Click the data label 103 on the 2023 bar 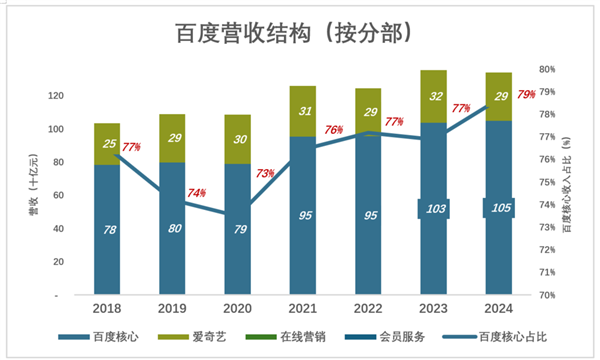click(433, 209)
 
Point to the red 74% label click(196, 192)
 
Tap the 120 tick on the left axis click(56, 96)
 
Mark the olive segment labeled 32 click(433, 97)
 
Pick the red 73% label click(265, 173)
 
